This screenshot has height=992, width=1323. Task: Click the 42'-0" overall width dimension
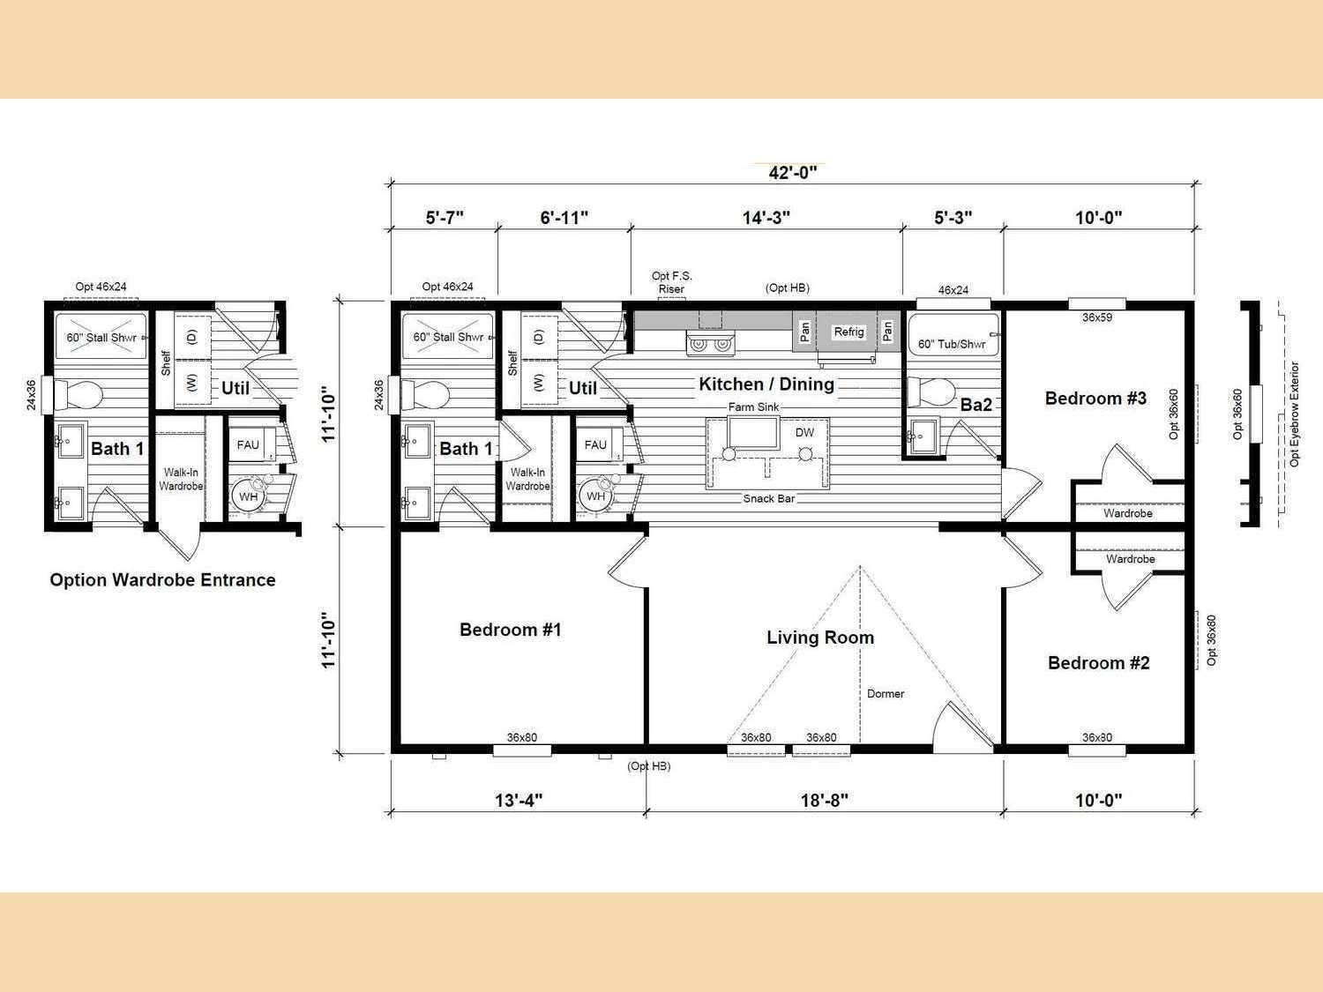pos(793,173)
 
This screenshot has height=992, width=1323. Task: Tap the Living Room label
pos(820,638)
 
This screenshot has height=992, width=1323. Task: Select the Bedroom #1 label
pos(511,630)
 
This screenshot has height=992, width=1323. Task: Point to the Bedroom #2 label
pos(1099,662)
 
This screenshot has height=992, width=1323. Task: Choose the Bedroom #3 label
pos(1095,399)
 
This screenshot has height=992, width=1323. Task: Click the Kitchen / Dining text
pos(766,384)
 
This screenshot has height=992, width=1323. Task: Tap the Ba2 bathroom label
pos(975,405)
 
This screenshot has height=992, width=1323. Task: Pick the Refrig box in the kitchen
pos(848,332)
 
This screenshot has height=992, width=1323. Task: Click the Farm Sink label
pos(753,407)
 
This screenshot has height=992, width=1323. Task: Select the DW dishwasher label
pos(804,432)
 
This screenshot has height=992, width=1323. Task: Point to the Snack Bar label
pos(769,499)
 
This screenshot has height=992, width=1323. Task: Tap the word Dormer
pos(886,694)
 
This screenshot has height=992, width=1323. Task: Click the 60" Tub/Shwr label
pos(952,344)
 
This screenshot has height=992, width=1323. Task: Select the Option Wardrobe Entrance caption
pos(163,580)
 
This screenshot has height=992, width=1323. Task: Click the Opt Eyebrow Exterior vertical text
pos(1294,414)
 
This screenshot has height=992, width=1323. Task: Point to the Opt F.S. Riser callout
pos(671,282)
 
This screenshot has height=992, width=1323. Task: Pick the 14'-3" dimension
pos(766,218)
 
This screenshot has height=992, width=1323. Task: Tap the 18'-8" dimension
pos(824,801)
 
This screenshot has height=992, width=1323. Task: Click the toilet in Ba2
pos(931,392)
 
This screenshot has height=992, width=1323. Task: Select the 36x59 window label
pos(1097,317)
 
